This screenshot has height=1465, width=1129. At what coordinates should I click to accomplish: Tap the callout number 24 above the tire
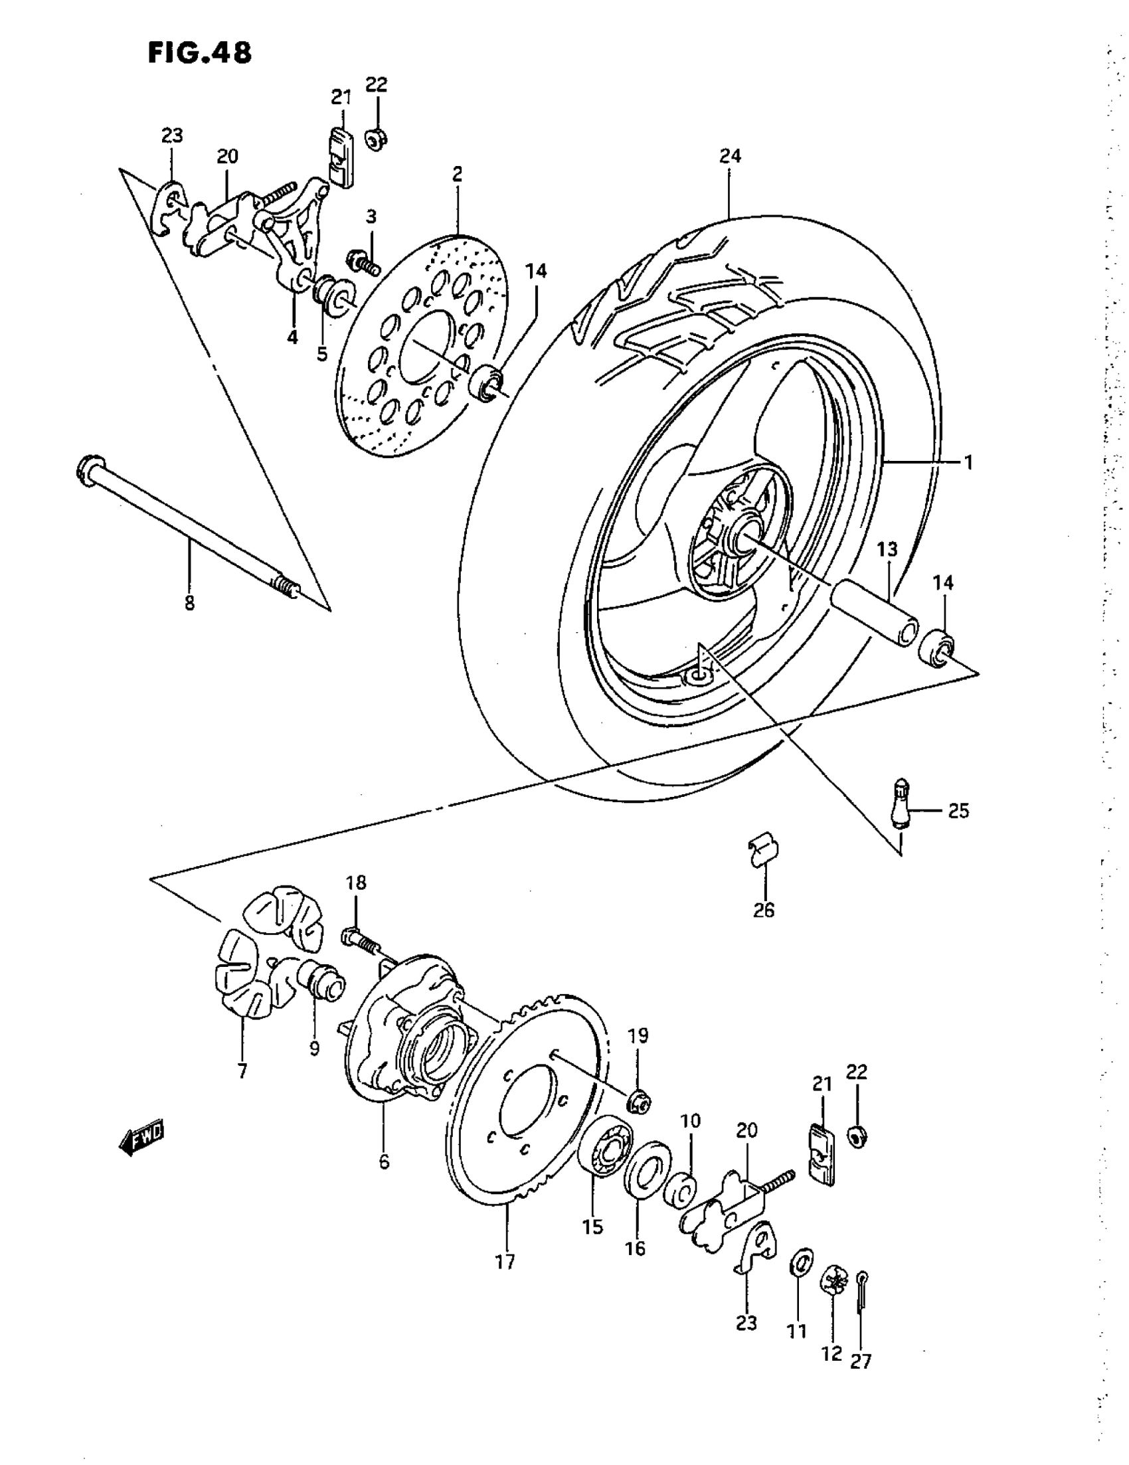pyautogui.click(x=730, y=156)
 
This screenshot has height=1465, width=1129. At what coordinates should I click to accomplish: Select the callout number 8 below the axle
pyautogui.click(x=189, y=603)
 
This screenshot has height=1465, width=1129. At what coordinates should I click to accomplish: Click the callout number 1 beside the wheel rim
pyautogui.click(x=968, y=462)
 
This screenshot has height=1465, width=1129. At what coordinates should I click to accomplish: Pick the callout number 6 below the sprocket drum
pyautogui.click(x=384, y=1161)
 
